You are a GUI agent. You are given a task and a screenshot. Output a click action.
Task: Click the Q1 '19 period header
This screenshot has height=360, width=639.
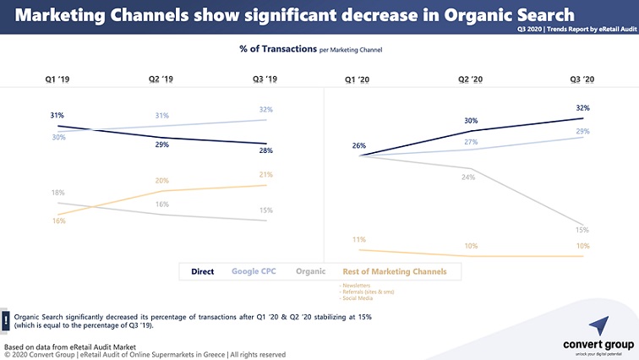coord(57,79)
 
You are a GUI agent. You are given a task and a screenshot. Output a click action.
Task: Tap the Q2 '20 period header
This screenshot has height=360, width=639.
coord(470,79)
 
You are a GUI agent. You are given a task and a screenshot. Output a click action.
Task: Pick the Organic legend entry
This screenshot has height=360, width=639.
coord(312,271)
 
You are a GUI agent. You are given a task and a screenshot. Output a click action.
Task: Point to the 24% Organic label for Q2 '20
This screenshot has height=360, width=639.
coord(467,177)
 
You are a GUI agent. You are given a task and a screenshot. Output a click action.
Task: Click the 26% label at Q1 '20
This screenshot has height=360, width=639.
coord(359,145)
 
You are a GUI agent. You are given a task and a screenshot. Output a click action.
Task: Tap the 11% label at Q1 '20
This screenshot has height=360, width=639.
coord(359,240)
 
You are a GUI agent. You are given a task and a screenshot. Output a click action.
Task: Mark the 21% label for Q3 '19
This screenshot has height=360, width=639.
coord(266,175)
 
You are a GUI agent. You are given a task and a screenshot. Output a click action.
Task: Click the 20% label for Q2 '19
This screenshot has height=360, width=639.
coord(162,181)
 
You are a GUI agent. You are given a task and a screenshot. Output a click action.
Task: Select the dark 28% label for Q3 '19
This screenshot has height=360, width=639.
coord(266,150)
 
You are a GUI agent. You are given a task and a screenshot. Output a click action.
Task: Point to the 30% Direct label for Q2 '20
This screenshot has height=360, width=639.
coord(471,121)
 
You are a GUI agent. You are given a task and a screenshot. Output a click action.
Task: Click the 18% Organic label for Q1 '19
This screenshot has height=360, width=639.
coord(57,194)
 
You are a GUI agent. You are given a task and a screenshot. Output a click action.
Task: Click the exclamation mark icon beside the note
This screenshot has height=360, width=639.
coord(6,319)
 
